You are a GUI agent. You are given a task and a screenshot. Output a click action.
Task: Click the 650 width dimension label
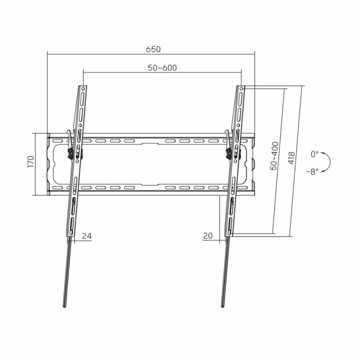coord(153,49)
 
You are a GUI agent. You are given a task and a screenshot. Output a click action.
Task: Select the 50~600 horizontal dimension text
coord(162,68)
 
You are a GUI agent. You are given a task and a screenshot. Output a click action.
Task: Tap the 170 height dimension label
coord(31,162)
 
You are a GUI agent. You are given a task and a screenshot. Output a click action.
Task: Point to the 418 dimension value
coord(291,158)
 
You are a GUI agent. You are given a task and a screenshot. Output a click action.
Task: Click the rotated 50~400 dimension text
coord(274,156)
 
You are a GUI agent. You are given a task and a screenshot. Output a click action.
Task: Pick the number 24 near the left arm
coord(87,236)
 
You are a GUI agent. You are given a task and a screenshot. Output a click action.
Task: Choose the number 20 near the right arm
coord(208,235)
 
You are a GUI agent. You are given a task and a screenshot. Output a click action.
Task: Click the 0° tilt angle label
coord(315,154)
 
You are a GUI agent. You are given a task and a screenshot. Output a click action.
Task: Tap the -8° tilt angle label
coord(312,171)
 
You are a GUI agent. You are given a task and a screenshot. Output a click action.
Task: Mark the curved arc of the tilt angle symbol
coord(330,162)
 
